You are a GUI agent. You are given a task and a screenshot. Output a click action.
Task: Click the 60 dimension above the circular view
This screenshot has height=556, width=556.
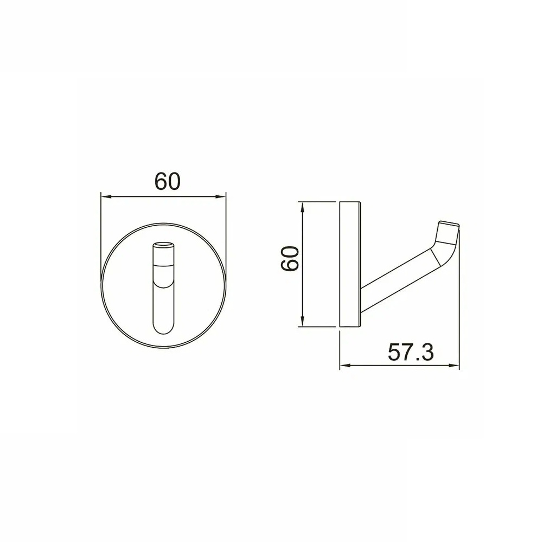pyautogui.click(x=167, y=181)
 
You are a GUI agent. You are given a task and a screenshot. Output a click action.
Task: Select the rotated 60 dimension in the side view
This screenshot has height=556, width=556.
pyautogui.click(x=290, y=258)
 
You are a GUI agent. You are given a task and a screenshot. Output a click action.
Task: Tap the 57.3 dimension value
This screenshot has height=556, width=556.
pyautogui.click(x=411, y=353)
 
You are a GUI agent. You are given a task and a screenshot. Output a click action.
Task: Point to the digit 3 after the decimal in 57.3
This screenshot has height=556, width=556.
pyautogui.click(x=426, y=353)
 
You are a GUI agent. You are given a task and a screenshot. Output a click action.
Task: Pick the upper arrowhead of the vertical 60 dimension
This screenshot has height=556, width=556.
pyautogui.click(x=302, y=206)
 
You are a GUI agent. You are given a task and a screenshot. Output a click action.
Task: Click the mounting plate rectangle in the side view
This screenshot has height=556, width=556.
pyautogui.click(x=350, y=265)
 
